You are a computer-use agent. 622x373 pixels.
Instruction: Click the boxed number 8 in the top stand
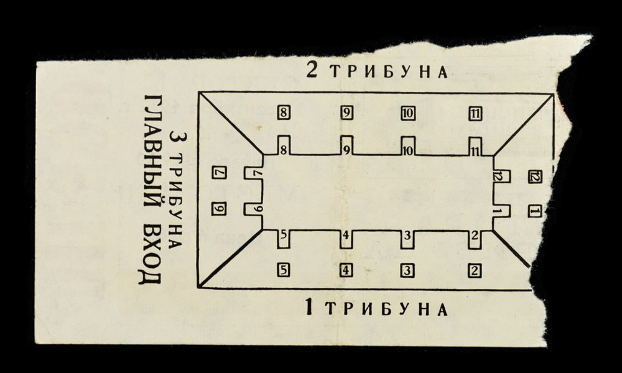pos(283,113)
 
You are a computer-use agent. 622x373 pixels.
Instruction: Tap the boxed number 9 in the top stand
pos(346,113)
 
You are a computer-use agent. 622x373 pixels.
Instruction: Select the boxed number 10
pos(408,114)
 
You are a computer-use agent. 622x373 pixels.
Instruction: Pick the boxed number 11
pos(475,114)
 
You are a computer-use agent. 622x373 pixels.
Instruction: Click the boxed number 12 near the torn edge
pos(535,177)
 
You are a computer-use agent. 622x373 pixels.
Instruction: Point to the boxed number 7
pos(219,172)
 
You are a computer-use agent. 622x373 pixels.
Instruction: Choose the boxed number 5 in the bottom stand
pos(283,270)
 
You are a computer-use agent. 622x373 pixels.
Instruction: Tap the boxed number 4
pos(346,270)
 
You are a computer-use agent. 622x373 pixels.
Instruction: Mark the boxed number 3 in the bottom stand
pos(407,270)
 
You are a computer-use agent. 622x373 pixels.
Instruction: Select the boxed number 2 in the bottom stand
pos(475,271)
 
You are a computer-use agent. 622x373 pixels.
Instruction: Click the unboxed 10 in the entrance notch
pos(408,150)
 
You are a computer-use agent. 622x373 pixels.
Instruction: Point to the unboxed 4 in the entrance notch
pos(346,235)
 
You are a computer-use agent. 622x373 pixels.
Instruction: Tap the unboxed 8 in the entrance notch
pos(284,150)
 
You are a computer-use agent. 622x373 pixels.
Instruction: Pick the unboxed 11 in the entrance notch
pos(475,151)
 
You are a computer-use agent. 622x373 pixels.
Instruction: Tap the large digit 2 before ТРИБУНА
pos(312,70)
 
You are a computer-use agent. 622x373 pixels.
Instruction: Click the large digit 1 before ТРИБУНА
pos(309,307)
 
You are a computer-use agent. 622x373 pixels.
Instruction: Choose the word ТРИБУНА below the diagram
pos(387,309)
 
